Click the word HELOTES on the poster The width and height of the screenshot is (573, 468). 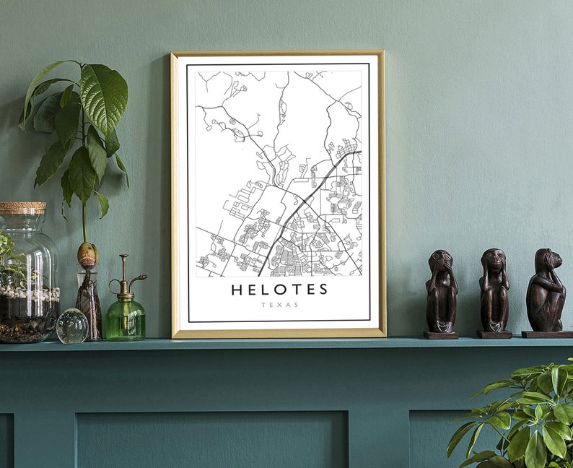click(x=279, y=290)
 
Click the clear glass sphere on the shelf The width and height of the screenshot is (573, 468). click(x=71, y=326)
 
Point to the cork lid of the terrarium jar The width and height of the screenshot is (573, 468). click(x=22, y=207)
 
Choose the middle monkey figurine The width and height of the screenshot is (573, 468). click(x=494, y=290)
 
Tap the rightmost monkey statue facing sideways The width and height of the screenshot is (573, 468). click(x=546, y=290)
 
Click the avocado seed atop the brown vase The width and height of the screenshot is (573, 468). click(x=87, y=254)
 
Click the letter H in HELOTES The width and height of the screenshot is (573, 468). click(x=236, y=290)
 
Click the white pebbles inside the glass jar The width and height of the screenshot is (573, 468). click(x=29, y=295)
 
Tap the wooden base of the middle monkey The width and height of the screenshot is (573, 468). click(x=494, y=334)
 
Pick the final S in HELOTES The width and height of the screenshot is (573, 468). click(x=323, y=290)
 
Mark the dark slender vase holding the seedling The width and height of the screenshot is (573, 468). click(x=89, y=303)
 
